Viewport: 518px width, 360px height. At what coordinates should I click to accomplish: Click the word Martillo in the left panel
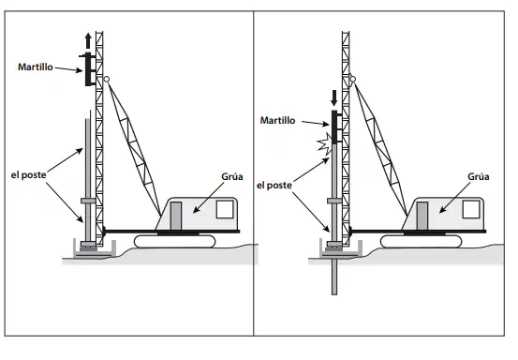pyautogui.click(x=36, y=67)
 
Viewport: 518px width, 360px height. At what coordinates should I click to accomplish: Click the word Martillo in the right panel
pyautogui.click(x=277, y=120)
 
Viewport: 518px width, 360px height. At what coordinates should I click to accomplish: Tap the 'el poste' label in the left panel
pyautogui.click(x=28, y=175)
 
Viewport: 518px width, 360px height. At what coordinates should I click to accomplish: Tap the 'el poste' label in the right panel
pyautogui.click(x=274, y=186)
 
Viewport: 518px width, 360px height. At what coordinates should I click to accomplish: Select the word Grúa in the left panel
pyautogui.click(x=232, y=176)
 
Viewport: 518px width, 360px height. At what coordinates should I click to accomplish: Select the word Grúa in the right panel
pyautogui.click(x=479, y=176)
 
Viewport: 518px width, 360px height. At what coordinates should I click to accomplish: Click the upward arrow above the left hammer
pyautogui.click(x=88, y=40)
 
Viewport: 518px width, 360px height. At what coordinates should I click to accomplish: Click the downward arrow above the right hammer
pyautogui.click(x=334, y=97)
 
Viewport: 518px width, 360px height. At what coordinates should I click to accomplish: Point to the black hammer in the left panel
pyautogui.click(x=88, y=69)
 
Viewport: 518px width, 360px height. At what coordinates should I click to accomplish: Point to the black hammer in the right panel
pyautogui.click(x=334, y=127)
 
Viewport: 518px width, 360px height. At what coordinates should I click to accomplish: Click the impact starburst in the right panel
pyautogui.click(x=325, y=143)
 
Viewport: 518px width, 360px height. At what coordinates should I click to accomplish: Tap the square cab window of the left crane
pyautogui.click(x=225, y=210)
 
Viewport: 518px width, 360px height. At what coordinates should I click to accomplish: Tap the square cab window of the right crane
pyautogui.click(x=471, y=210)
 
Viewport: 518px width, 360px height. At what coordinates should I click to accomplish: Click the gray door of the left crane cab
pyautogui.click(x=176, y=216)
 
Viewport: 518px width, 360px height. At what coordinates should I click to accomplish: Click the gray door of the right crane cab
pyautogui.click(x=422, y=216)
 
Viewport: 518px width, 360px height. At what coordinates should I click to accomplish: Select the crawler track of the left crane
pyautogui.click(x=175, y=241)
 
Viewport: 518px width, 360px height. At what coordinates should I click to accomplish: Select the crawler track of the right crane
pyautogui.click(x=421, y=241)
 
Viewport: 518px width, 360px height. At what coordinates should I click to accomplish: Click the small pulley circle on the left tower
pyautogui.click(x=107, y=79)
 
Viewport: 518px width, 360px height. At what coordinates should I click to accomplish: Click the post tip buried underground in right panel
pyautogui.click(x=334, y=292)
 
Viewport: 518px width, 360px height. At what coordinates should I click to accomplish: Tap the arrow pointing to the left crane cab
pyautogui.click(x=209, y=198)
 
